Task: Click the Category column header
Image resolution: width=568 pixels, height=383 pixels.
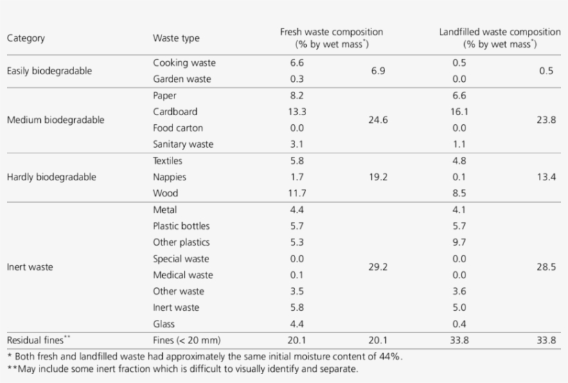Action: click(26, 38)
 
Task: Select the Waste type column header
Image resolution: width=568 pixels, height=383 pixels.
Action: click(176, 38)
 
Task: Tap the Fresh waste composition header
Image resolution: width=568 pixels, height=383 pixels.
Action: click(331, 37)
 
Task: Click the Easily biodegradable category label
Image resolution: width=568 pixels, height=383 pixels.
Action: click(49, 71)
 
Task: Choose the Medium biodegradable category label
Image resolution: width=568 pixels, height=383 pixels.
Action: click(55, 119)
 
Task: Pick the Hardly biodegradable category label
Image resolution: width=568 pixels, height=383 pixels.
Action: click(51, 177)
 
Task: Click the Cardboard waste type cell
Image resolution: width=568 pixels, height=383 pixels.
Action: click(175, 112)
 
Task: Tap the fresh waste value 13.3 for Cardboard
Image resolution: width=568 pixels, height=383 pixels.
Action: click(296, 112)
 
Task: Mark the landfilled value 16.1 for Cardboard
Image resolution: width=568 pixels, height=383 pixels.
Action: click(460, 112)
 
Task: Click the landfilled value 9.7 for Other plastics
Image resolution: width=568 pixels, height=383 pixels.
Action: click(460, 242)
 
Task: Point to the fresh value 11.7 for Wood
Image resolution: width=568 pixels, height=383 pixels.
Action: click(296, 194)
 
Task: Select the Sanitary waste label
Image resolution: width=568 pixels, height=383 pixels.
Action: click(184, 144)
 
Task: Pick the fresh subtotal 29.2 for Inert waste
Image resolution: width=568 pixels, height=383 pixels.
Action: click(378, 266)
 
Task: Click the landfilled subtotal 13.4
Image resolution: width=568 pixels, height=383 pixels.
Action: click(547, 177)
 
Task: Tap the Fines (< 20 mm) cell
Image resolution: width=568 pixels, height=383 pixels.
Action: click(187, 340)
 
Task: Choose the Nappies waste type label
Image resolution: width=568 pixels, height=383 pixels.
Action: click(170, 177)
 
